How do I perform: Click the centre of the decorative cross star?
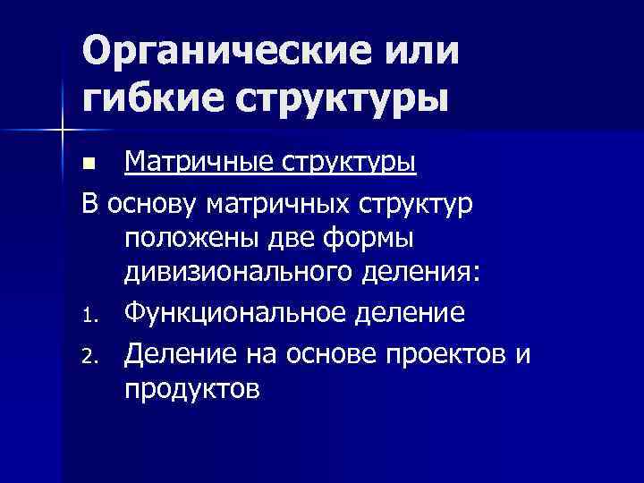click(x=63, y=131)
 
